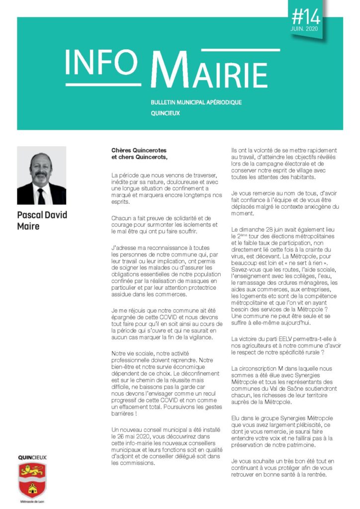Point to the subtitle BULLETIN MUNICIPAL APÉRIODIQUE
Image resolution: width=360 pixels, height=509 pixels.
[196, 102]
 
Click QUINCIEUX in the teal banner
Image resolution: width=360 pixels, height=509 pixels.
[165, 113]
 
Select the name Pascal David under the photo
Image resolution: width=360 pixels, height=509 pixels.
[42, 215]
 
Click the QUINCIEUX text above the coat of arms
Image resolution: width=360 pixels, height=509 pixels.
[32, 457]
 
